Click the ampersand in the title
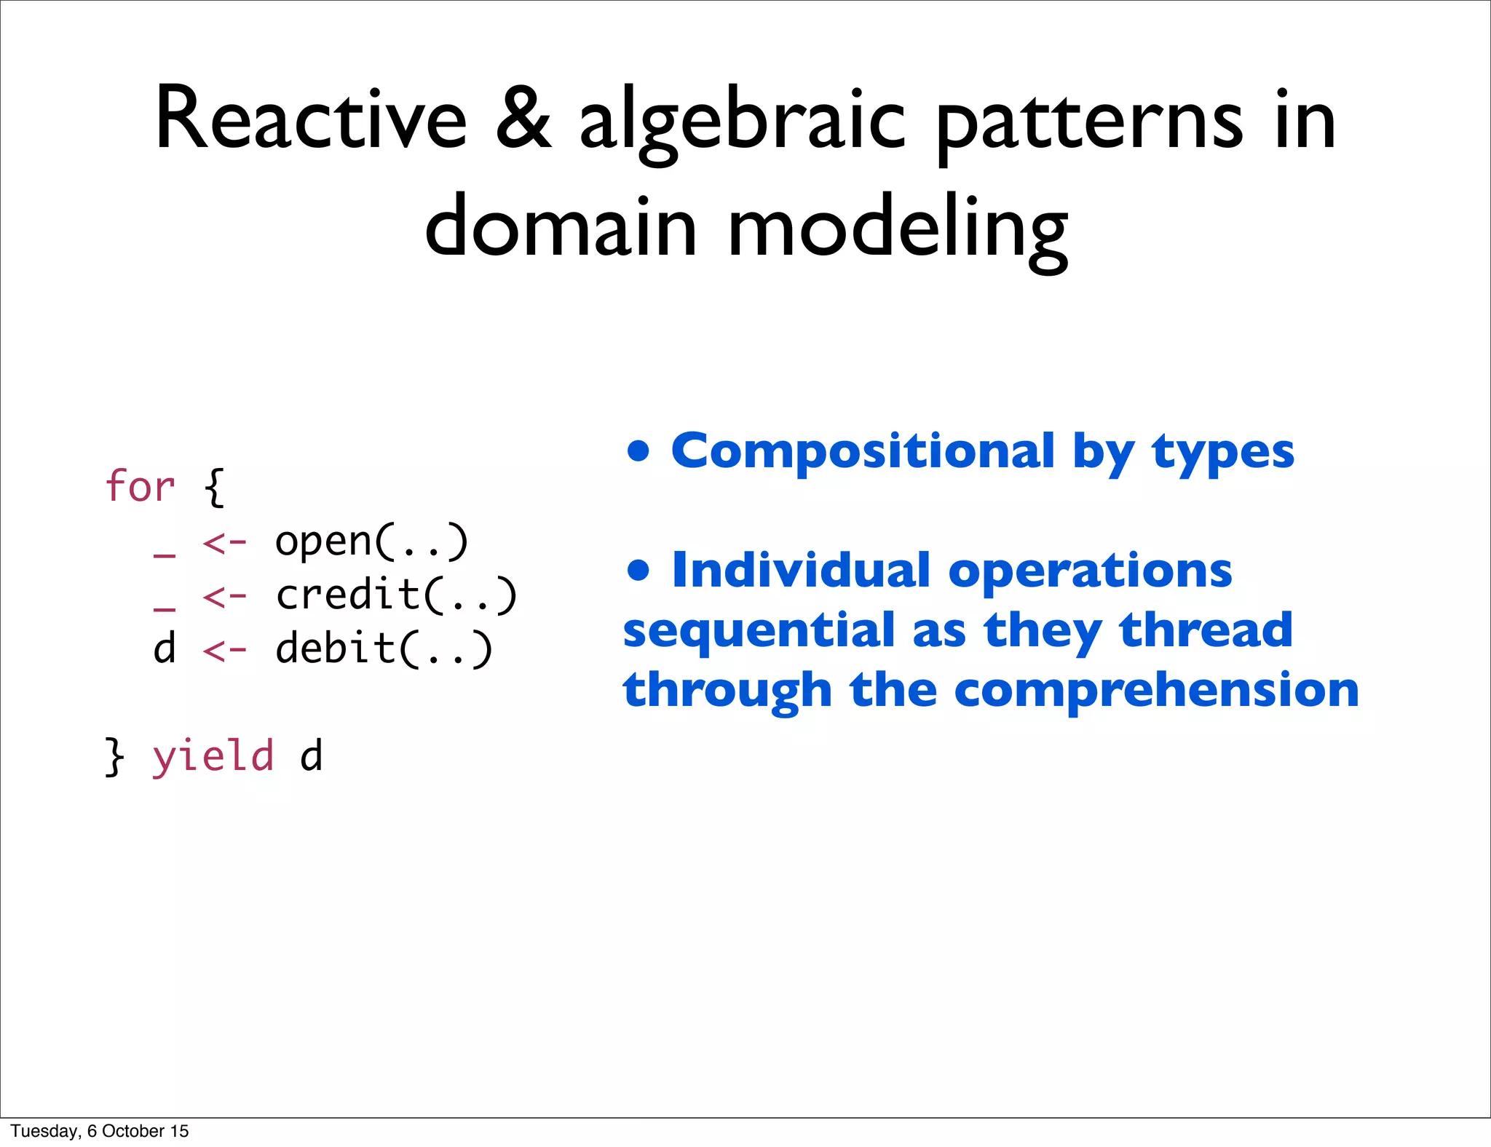[523, 120]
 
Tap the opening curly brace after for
[214, 488]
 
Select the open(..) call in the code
[371, 542]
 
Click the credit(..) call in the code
[396, 595]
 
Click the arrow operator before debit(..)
[225, 650]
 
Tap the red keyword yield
[213, 757]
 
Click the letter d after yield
[311, 757]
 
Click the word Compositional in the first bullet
[862, 451]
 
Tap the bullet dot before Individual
[638, 570]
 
